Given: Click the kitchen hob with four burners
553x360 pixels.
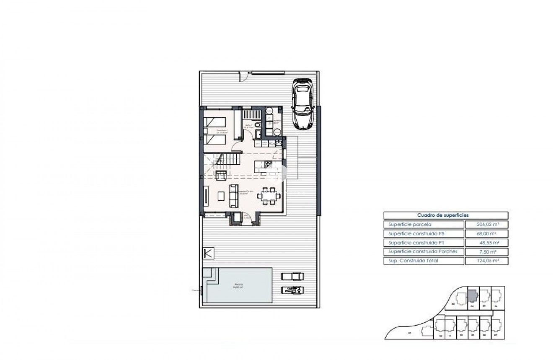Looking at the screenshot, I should coord(268,163).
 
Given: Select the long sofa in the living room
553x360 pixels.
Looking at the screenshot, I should coord(233,196).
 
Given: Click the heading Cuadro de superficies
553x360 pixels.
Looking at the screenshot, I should coord(445,215).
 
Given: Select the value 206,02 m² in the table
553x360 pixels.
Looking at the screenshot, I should coord(486,225).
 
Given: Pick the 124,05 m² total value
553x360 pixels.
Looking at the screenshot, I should coord(486,261).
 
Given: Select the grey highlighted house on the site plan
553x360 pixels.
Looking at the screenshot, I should coord(472,296).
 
